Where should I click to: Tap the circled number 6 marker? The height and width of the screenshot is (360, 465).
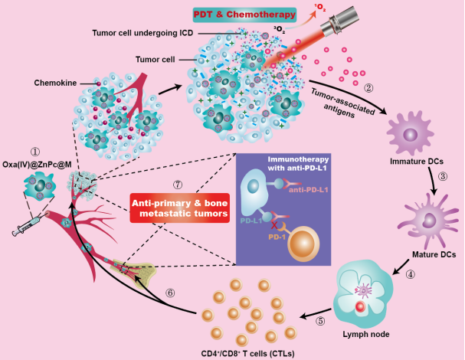pyautogui.click(x=171, y=292)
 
